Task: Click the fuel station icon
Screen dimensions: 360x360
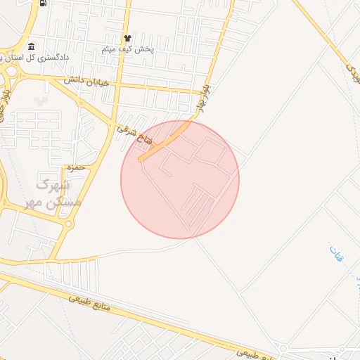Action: point(43,3)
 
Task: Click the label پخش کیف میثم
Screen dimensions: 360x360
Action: point(128,50)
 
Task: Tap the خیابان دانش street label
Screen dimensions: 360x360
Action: point(87,82)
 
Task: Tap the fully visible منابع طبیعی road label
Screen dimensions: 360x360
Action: point(96,304)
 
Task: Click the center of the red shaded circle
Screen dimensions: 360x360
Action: point(180,179)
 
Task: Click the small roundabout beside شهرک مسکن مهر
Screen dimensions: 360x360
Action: point(68,224)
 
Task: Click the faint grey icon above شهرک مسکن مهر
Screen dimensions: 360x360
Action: point(40,100)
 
